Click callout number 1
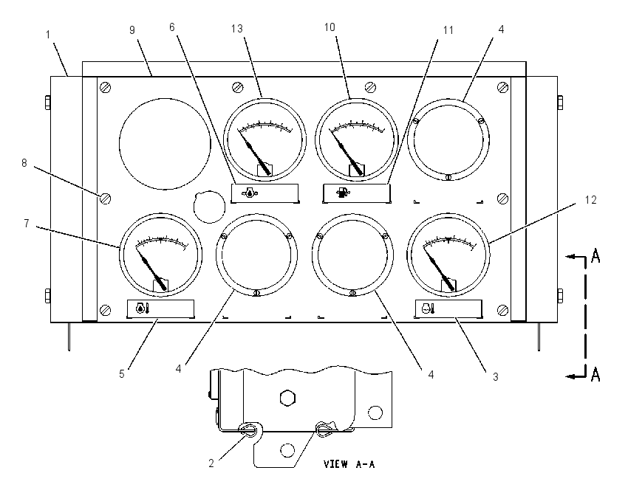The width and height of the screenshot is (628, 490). (48, 35)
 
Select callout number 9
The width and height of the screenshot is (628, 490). (132, 30)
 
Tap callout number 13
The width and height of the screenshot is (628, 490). (236, 28)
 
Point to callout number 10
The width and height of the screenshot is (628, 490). (330, 27)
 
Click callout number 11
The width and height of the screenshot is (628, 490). (448, 30)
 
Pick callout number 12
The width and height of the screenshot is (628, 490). (591, 199)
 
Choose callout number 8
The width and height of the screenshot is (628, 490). (24, 163)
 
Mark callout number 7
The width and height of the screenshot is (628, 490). (27, 223)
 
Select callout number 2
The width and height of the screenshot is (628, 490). (211, 463)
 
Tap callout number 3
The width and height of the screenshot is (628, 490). (496, 377)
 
